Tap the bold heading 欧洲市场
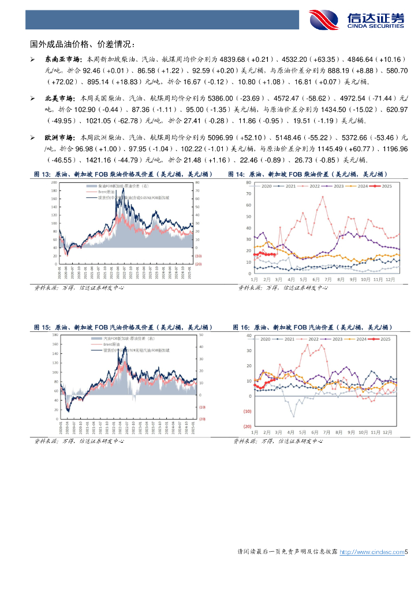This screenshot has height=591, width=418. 57,139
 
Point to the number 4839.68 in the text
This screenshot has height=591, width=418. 206,59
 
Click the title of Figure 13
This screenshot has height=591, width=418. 123,174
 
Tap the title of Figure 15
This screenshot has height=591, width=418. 123,327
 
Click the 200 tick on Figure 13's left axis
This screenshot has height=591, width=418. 54,182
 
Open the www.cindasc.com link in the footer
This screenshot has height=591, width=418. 371,552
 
